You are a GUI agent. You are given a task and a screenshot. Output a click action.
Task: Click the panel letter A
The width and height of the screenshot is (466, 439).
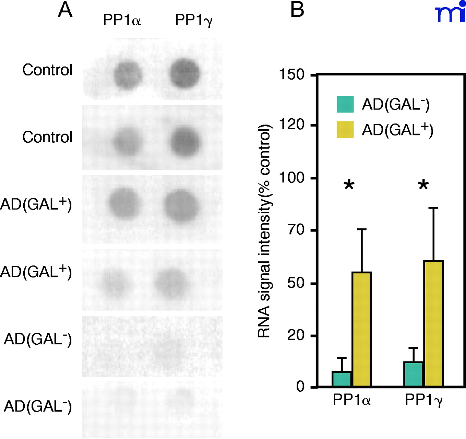[x=65, y=10]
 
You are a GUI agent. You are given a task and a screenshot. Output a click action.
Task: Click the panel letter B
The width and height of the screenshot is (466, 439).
[x=297, y=9]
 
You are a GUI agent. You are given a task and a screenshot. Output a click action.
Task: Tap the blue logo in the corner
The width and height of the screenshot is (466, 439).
[x=451, y=12]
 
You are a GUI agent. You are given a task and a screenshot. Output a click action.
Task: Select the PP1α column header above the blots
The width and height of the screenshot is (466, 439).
[x=122, y=20]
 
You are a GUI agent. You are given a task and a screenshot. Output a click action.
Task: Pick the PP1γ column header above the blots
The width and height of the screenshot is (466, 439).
[x=194, y=20]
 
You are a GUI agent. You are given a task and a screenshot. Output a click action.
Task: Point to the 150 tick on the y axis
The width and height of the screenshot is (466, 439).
[x=292, y=75]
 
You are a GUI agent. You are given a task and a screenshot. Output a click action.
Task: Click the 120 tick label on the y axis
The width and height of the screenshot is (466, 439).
[x=292, y=125]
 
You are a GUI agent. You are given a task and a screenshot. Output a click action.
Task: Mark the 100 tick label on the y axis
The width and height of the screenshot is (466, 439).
[x=292, y=178]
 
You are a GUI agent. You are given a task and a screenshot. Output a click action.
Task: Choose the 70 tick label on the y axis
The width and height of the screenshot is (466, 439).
[x=296, y=230]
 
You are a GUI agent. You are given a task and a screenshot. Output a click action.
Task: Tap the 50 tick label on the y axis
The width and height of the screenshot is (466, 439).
[x=296, y=283]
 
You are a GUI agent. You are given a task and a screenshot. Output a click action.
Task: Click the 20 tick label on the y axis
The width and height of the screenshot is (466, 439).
[x=296, y=335]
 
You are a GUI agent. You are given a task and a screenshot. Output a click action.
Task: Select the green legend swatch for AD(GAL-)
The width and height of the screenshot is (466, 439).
[x=345, y=104]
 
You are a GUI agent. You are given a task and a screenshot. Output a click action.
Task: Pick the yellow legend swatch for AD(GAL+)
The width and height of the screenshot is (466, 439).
[x=345, y=130]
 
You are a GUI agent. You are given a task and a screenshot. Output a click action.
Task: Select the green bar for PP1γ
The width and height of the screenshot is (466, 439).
[x=414, y=374]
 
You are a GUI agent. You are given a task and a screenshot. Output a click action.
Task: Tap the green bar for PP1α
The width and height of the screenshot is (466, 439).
[x=342, y=379]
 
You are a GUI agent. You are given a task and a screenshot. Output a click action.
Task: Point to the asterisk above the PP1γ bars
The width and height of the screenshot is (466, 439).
[x=423, y=185]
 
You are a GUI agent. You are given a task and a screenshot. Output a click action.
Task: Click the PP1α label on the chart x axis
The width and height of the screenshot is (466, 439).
[x=352, y=400]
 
